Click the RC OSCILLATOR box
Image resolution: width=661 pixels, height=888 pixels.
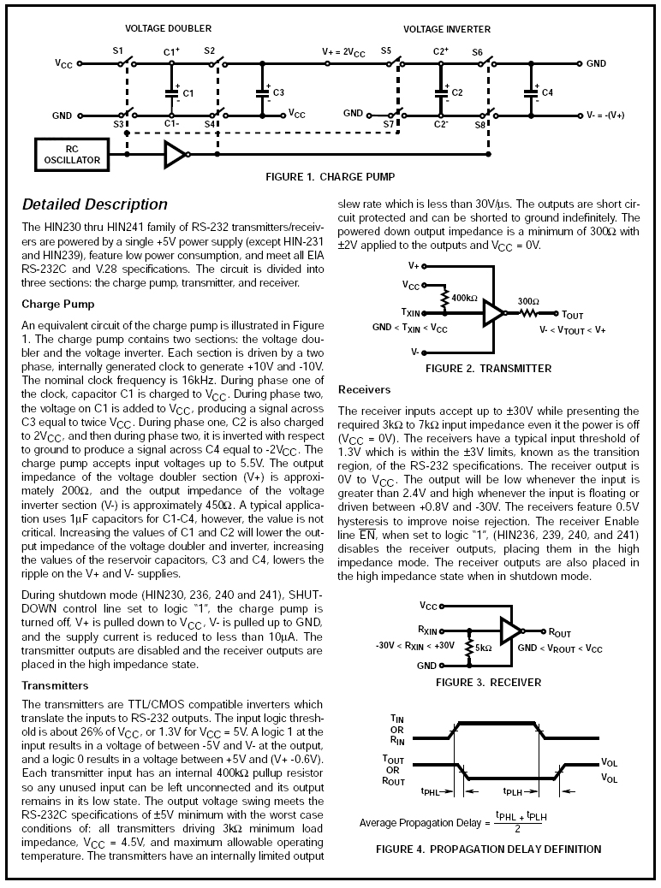pos(73,154)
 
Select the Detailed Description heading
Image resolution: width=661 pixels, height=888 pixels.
pos(94,204)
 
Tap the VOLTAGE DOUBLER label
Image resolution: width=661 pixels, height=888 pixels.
pos(168,29)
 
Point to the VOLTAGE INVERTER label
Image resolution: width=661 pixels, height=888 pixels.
pos(446,29)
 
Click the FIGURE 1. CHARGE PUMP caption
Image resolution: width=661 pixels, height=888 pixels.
pos(330,177)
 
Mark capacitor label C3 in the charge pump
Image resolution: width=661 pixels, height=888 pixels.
pos(278,92)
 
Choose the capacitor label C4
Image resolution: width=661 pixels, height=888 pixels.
pos(547,92)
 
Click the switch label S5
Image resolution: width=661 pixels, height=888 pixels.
pos(386,51)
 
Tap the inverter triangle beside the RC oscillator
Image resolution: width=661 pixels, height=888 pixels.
pos(175,154)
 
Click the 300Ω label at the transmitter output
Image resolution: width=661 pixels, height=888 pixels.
pos(528,301)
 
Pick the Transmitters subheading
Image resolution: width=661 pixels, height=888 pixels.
pos(57,685)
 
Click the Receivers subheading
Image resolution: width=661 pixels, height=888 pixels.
pos(364,390)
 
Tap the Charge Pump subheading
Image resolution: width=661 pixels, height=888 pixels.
pos(57,304)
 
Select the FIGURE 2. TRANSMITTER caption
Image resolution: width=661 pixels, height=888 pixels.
pos(488,369)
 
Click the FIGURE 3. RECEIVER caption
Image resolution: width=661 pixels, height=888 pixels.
pos(488,683)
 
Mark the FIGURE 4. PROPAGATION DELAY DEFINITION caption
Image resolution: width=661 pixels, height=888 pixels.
pos(488,850)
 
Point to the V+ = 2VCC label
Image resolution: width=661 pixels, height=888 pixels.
pos(343,51)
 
